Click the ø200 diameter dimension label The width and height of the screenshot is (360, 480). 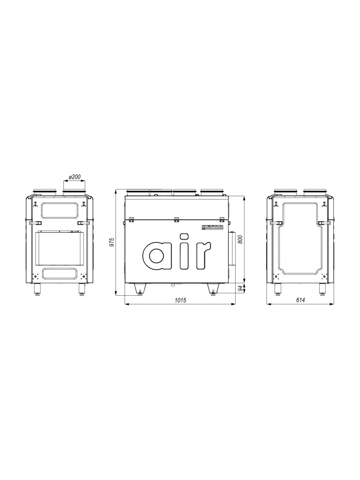75,177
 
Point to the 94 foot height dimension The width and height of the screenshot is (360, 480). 240,288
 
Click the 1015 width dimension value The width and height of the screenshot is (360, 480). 180,300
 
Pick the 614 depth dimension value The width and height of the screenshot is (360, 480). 300,300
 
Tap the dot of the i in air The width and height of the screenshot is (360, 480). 184,236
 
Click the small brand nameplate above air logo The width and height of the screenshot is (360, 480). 213,227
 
